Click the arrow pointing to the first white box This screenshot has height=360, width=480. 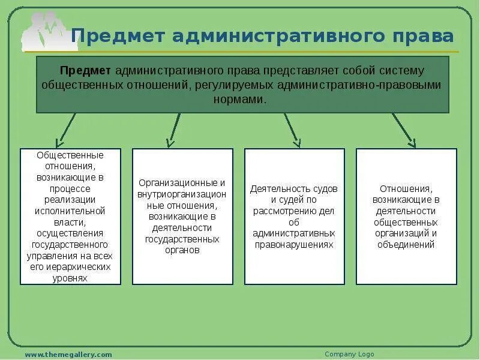coord(66,130)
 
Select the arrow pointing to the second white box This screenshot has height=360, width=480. coord(173,130)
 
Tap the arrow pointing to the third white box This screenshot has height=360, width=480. coord(292,130)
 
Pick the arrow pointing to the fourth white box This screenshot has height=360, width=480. coord(403,130)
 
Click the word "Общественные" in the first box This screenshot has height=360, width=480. coord(70,155)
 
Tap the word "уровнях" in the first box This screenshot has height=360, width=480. coord(70,278)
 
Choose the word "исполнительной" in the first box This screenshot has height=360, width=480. coord(70,211)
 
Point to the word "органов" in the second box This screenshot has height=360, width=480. coord(182,250)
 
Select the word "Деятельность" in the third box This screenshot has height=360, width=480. coord(277,188)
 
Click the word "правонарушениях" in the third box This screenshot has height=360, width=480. coord(294,245)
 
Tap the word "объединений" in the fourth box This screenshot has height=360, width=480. coord(406,244)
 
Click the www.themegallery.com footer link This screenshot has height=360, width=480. coord(68,355)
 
